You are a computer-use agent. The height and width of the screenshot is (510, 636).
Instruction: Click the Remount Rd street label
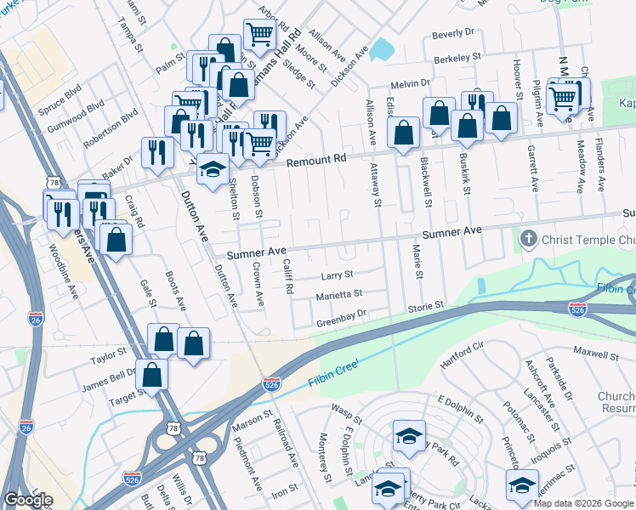(317, 160)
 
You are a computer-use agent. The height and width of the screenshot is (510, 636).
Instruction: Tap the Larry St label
(337, 275)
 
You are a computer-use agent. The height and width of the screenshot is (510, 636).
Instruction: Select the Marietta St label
(339, 293)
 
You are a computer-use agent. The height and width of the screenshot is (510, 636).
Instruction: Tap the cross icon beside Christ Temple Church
(528, 239)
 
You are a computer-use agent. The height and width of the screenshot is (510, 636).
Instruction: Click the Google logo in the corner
(28, 499)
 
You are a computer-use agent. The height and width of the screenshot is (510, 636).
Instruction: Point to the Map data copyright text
(583, 503)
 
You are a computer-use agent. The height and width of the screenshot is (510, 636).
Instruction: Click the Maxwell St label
(594, 350)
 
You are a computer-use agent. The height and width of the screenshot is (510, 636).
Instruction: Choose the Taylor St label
(108, 350)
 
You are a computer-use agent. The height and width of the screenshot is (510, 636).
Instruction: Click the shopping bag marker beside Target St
(151, 374)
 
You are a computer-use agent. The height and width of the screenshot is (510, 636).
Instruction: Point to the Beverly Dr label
(452, 33)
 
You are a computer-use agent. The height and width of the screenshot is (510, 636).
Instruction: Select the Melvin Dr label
(412, 84)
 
